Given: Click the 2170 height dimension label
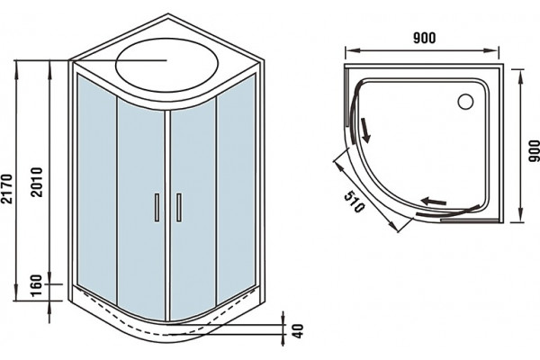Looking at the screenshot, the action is click(x=7, y=188).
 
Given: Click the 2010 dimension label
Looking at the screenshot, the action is click(x=36, y=182).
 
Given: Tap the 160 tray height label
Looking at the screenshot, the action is click(x=36, y=285).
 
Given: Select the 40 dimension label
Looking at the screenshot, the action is click(x=298, y=330).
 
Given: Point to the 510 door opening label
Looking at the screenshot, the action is click(x=354, y=202).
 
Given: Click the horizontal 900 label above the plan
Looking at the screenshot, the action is click(x=424, y=38).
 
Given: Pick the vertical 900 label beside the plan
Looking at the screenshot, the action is click(x=534, y=150).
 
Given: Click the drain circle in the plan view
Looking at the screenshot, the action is click(x=465, y=102).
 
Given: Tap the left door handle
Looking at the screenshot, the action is click(x=157, y=207).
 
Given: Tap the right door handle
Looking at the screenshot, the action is click(x=179, y=207).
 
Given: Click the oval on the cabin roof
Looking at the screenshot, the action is click(x=167, y=65).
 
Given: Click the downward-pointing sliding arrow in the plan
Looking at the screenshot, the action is click(x=365, y=130).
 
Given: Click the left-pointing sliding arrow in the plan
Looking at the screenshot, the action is click(x=434, y=202).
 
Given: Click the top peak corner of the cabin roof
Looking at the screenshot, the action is click(x=168, y=14).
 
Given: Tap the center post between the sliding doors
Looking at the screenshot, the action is click(x=167, y=216).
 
